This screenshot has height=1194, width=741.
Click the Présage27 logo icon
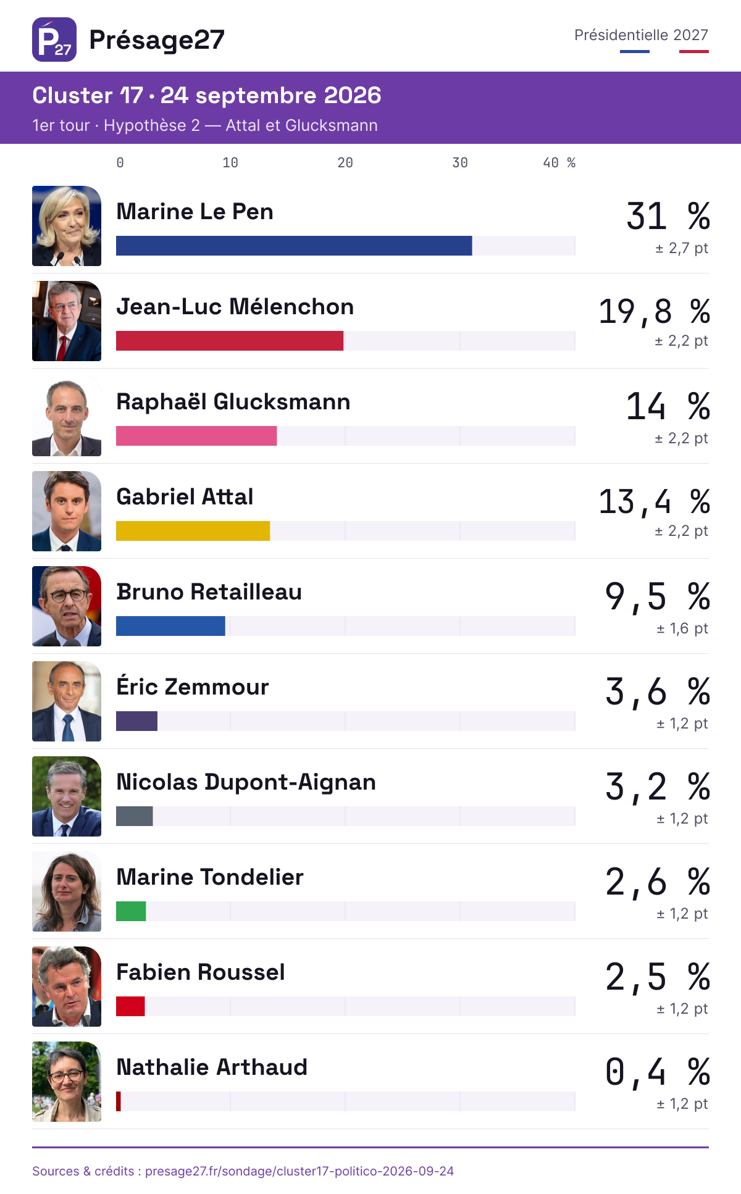tap(54, 40)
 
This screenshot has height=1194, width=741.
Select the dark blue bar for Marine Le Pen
tap(294, 246)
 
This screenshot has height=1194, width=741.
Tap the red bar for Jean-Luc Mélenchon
tap(230, 341)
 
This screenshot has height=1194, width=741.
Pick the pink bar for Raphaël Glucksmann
tap(196, 436)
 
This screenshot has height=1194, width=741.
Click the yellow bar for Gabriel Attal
tap(193, 531)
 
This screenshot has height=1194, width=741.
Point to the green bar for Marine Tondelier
tap(131, 911)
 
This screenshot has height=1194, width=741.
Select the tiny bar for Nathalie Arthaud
tap(119, 1101)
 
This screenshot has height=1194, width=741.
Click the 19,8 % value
tap(655, 311)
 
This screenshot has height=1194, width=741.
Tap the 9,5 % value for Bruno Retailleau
tap(658, 596)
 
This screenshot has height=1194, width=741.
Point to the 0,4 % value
tap(658, 1072)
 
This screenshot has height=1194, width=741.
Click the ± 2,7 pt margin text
tap(682, 248)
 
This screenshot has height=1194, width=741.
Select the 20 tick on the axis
tap(345, 162)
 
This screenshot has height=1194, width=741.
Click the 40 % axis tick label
tap(559, 162)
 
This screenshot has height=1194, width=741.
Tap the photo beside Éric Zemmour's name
tap(67, 701)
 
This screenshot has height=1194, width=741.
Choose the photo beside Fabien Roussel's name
tap(67, 987)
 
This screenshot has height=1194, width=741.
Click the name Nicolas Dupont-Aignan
tap(246, 782)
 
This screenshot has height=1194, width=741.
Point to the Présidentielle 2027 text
tap(641, 35)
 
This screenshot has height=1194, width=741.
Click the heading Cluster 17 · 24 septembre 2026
tap(207, 96)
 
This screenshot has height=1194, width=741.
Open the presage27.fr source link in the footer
tap(299, 1171)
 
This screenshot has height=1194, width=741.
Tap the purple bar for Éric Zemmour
tap(136, 721)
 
